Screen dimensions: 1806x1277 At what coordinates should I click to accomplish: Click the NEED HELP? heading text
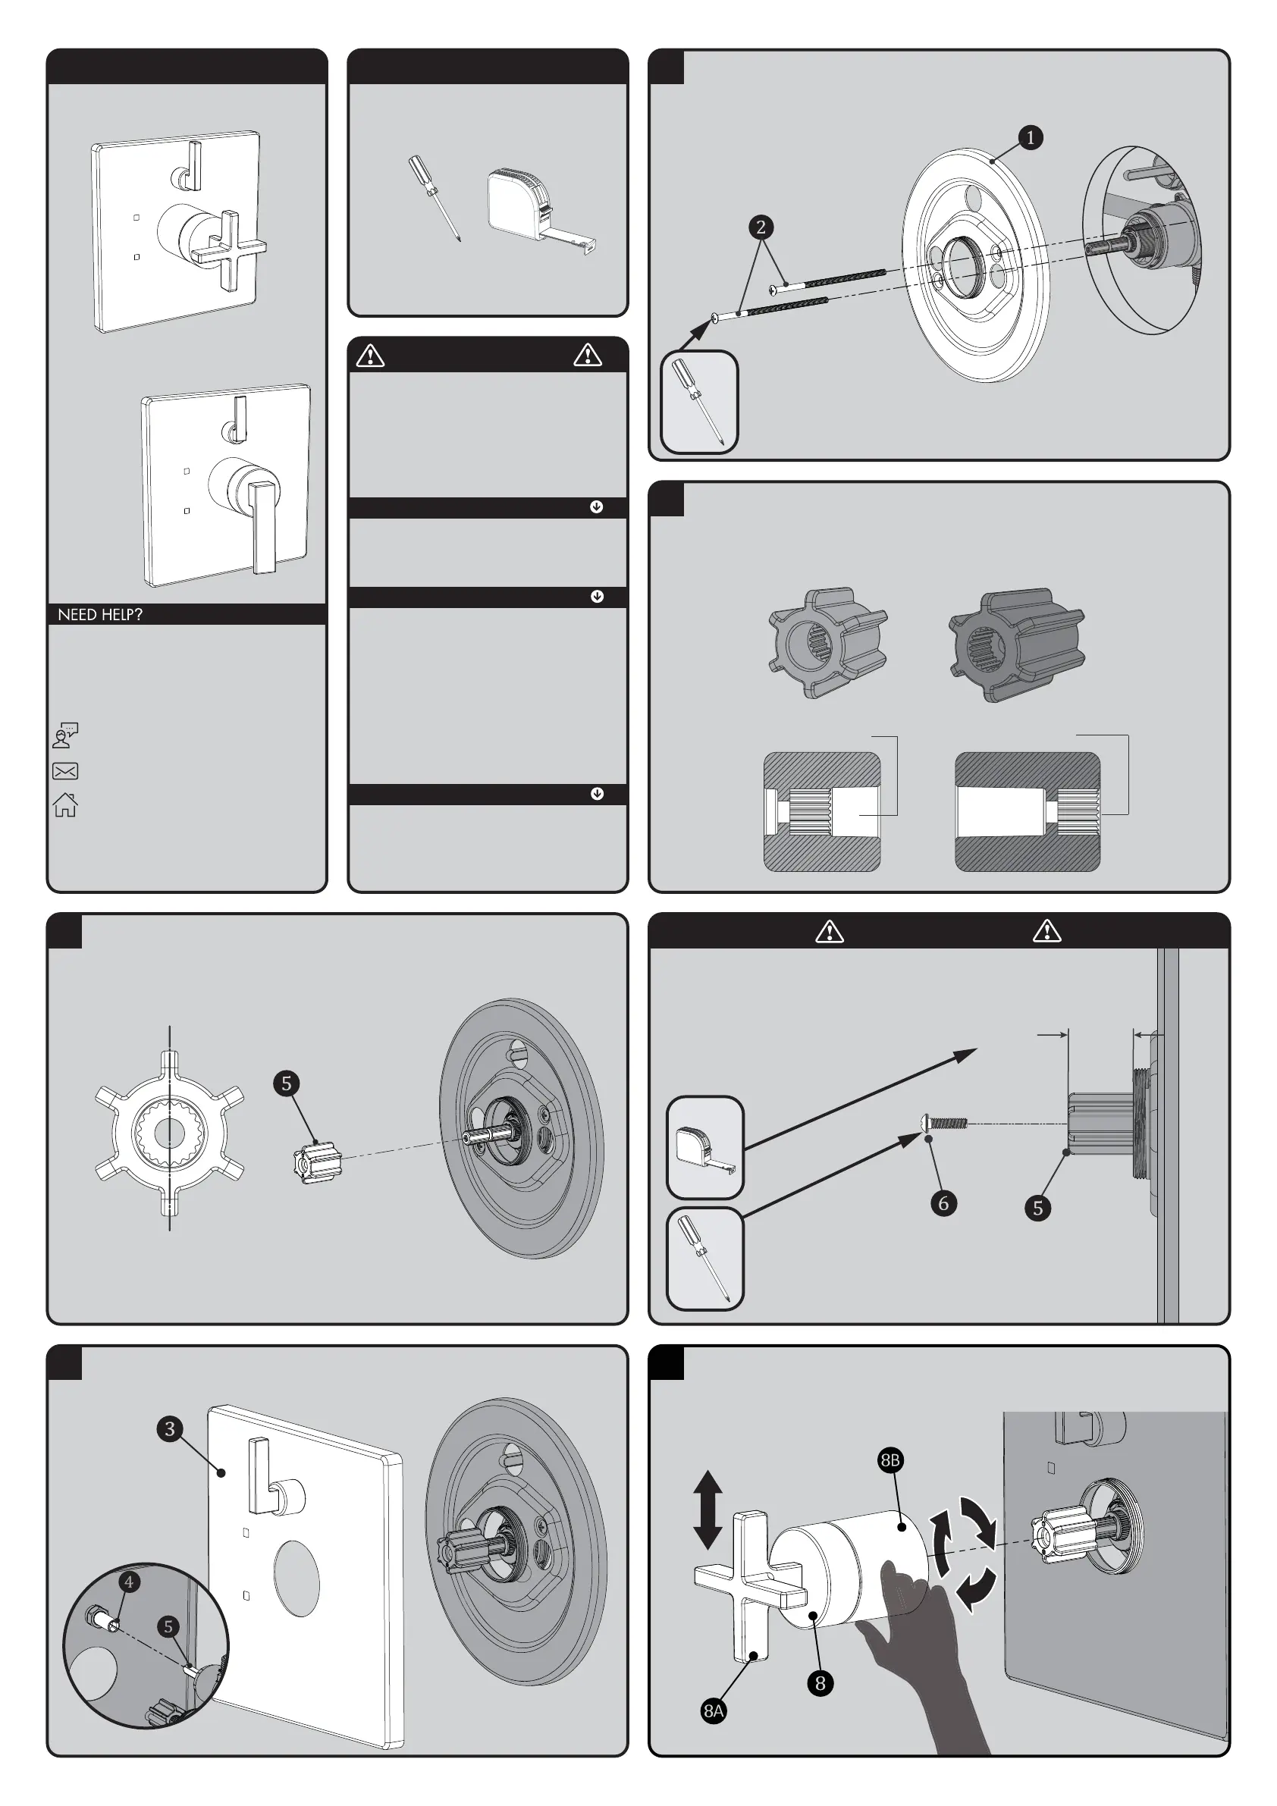click(x=100, y=614)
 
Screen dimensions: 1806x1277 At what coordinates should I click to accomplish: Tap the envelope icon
click(x=65, y=771)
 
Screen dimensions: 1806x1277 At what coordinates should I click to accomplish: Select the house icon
click(x=65, y=804)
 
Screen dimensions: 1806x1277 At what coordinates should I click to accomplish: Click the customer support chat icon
click(x=65, y=735)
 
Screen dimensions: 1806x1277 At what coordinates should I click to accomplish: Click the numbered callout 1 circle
click(x=1030, y=138)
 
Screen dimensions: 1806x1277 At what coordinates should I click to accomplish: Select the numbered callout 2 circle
click(x=760, y=227)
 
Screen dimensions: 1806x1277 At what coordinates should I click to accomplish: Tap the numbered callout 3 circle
click(x=169, y=1428)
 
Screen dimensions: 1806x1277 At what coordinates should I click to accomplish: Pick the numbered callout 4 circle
click(x=129, y=1582)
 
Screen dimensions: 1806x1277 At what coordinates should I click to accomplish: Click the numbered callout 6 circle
click(x=943, y=1202)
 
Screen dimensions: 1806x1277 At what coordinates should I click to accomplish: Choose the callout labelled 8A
click(x=714, y=1710)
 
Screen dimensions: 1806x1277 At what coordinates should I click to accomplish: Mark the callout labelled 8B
click(x=890, y=1461)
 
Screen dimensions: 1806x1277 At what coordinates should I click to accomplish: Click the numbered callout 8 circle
click(x=820, y=1682)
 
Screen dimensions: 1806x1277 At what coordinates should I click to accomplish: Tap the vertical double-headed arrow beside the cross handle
click(x=708, y=1510)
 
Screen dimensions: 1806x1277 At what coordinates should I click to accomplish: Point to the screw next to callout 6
click(x=943, y=1122)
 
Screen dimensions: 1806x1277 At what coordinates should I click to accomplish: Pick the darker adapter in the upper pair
click(x=1017, y=644)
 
